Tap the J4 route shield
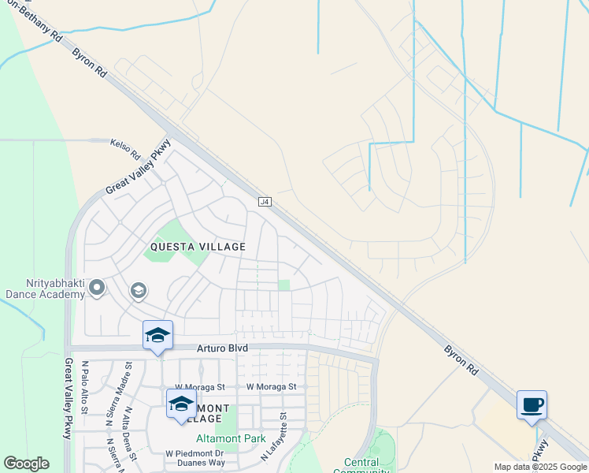coord(265,203)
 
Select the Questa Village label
coord(198,247)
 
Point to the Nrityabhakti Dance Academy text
coord(44,289)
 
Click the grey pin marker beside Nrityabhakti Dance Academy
coord(97,289)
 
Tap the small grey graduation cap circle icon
coord(138,292)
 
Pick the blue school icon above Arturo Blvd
coord(157,336)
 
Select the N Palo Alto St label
coord(85,387)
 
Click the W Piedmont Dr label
coord(195,454)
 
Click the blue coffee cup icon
coord(532,405)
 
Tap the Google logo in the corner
coord(26,464)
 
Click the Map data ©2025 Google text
coord(539,467)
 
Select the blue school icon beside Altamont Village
coord(181,405)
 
